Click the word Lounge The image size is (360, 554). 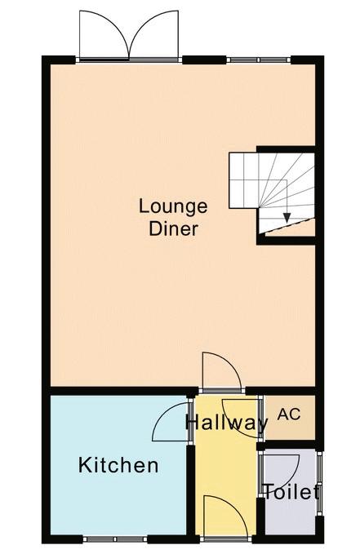click(173, 207)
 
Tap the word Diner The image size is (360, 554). click(173, 228)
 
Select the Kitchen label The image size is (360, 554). click(118, 465)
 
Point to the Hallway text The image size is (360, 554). click(227, 422)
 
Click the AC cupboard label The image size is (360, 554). click(289, 414)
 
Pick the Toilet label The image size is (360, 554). click(291, 492)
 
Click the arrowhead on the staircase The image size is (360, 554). click(287, 218)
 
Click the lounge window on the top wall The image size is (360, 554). click(258, 60)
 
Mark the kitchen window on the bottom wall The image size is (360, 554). click(115, 539)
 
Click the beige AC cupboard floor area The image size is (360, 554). click(290, 418)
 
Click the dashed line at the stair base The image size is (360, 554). click(289, 226)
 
